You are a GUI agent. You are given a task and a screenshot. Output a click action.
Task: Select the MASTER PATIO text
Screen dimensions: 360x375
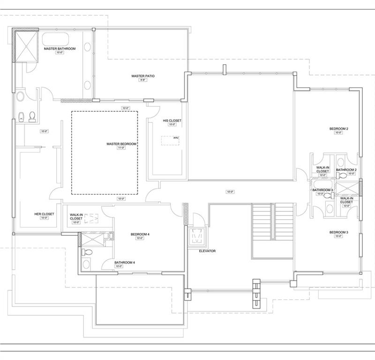click(x=143, y=76)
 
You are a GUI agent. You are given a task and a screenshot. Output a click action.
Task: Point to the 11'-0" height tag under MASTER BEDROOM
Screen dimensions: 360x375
click(x=121, y=148)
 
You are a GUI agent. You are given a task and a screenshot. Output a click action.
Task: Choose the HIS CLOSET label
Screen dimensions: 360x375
click(x=172, y=120)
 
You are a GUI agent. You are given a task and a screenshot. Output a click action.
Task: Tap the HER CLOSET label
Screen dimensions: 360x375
click(x=44, y=214)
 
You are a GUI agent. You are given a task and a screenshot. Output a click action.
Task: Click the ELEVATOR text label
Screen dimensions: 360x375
click(x=207, y=251)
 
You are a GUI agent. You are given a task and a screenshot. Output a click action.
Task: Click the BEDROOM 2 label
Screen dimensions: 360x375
click(x=338, y=128)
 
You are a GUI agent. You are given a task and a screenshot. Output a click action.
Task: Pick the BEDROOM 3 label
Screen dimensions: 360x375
click(x=338, y=232)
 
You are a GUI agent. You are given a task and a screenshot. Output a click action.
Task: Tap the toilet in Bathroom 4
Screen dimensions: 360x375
click(x=87, y=252)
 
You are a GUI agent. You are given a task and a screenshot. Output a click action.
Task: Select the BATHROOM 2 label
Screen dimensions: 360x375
click(x=346, y=170)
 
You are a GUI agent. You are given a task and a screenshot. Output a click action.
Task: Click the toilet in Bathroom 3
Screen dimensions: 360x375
click(x=326, y=196)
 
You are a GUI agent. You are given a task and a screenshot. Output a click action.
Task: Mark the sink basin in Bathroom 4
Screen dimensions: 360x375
click(x=87, y=264)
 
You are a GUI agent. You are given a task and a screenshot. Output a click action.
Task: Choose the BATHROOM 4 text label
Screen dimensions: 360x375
click(x=125, y=262)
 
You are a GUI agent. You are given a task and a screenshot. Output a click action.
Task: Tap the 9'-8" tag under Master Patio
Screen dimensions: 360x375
click(x=143, y=80)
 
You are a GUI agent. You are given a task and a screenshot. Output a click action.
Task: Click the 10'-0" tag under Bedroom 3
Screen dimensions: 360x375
click(x=338, y=237)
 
